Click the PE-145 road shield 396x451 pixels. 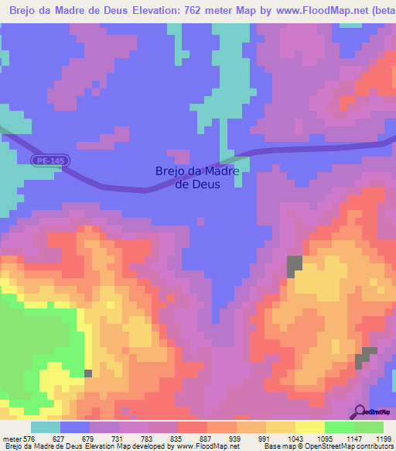pos(48,160)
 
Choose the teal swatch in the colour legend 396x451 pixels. pos(45,427)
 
